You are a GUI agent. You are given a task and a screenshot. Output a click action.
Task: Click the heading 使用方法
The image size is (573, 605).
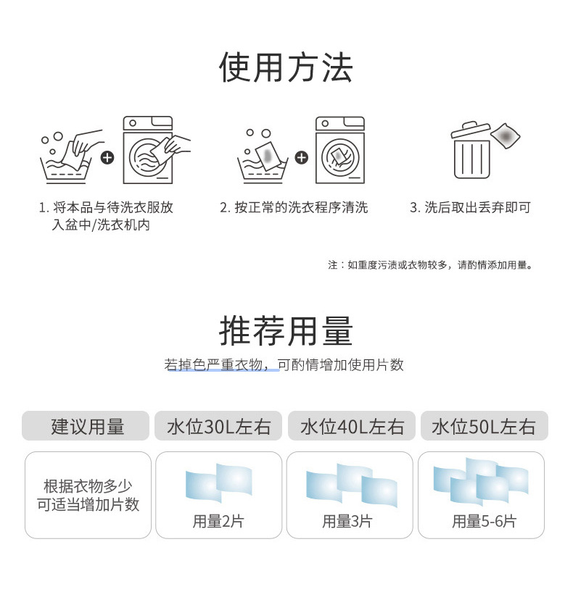point(286,68)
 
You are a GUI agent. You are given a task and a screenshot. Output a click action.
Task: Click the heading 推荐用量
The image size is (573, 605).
point(286,330)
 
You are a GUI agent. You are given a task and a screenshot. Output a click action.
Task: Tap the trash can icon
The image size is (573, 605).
point(472,151)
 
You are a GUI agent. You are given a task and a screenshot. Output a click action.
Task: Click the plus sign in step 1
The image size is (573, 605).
point(107,157)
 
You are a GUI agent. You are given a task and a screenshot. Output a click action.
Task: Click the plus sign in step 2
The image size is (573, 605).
point(302,157)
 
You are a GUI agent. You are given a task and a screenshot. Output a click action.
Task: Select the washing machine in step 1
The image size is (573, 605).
point(148,150)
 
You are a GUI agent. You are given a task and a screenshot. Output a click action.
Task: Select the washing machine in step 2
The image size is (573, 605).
point(339,150)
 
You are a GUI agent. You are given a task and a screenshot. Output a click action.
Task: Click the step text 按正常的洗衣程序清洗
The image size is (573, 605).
point(294,208)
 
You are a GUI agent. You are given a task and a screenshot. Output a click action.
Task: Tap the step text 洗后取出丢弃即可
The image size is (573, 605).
point(470,208)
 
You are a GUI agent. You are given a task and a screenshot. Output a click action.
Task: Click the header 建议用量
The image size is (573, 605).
point(86,426)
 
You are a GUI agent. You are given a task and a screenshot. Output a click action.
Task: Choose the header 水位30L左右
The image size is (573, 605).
point(218,426)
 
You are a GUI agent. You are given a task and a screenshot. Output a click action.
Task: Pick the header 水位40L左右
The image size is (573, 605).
point(352,426)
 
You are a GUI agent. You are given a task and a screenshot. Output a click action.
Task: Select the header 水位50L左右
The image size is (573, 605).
point(484,426)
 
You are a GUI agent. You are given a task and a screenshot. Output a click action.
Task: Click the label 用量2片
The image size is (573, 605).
point(218,521)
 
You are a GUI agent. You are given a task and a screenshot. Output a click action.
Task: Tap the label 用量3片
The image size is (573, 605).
point(347,521)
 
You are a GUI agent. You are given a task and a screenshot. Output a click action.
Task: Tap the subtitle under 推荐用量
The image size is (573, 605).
point(284,364)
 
